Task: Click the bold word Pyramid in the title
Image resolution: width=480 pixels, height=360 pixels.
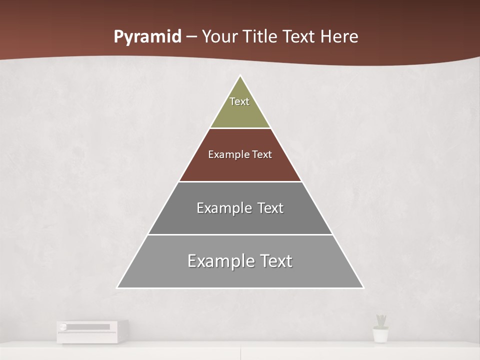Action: tap(147, 37)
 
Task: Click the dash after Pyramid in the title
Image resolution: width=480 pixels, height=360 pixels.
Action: tap(191, 37)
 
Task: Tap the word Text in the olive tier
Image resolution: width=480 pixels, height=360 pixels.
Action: tap(239, 101)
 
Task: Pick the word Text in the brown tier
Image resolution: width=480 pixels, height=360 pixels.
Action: tap(261, 154)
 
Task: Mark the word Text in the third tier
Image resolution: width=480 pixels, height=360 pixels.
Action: tap(270, 208)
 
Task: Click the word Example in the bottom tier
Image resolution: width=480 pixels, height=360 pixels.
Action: tap(219, 261)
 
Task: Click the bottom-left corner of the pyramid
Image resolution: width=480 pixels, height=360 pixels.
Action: tap(118, 287)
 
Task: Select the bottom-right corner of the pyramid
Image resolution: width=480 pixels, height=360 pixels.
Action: tap(362, 287)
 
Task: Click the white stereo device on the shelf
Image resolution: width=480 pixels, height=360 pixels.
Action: tap(92, 331)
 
